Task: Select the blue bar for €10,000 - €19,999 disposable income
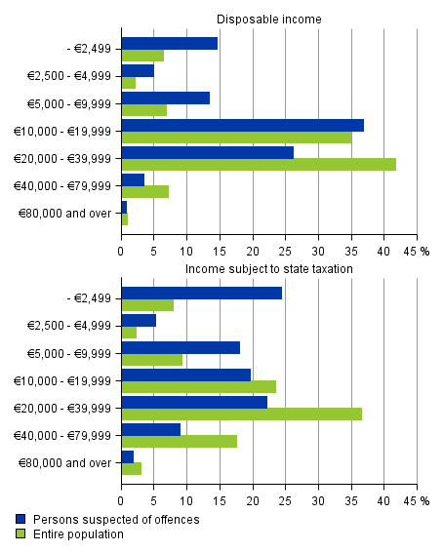coord(242,125)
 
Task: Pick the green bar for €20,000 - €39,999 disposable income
coord(259,164)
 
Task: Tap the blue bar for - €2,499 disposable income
coord(169,43)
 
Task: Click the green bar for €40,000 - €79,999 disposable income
coord(144,191)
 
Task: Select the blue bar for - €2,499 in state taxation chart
coord(201,293)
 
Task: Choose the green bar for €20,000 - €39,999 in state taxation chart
coord(241,414)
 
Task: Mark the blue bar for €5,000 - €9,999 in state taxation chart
coord(181,347)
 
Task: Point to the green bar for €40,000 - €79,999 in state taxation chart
coord(179,441)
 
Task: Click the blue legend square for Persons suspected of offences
coord(20,520)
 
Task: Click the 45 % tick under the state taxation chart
coord(419,500)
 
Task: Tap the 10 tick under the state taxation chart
coord(186,500)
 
